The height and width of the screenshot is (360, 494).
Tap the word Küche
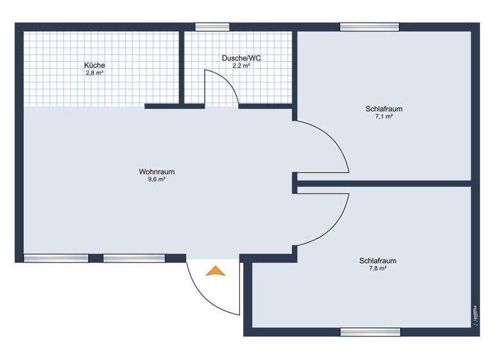pos(95,66)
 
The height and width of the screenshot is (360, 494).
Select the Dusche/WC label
pos(241,58)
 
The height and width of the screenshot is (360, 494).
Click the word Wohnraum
pos(156,172)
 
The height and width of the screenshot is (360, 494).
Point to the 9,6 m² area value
pos(156,180)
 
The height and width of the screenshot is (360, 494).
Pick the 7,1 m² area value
pos(384,117)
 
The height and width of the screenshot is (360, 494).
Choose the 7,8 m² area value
pos(378,269)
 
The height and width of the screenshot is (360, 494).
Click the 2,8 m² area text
pos(95,73)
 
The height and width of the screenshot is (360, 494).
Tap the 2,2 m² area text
pos(241,66)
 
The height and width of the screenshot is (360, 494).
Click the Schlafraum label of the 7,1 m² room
pos(384,109)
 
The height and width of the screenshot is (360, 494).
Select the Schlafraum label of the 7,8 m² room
pos(378,261)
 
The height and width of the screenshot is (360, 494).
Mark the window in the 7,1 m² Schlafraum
pos(369,27)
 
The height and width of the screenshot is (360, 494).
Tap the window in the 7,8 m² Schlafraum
pos(369,332)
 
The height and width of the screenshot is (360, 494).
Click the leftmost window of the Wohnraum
pos(56,258)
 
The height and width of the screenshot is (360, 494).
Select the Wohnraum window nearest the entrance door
pos(134,258)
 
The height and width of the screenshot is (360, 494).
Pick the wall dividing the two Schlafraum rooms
pos(386,184)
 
